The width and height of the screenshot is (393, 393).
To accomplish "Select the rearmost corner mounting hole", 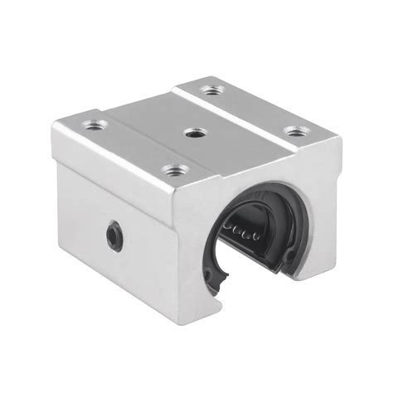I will coord(213,88).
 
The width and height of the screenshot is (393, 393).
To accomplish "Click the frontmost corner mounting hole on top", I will coord(196,171).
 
